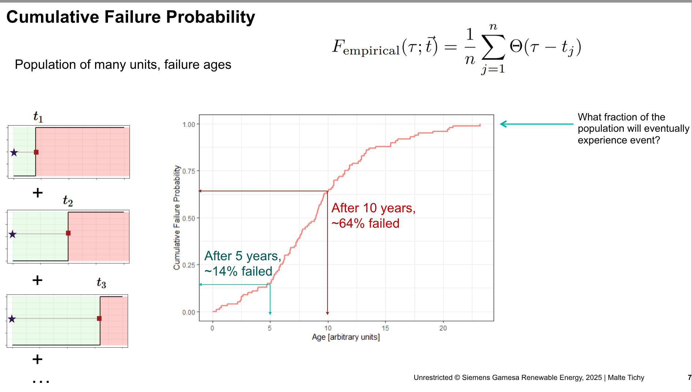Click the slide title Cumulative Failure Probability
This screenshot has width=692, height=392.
(x=131, y=17)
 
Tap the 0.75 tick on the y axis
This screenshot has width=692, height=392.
(x=188, y=171)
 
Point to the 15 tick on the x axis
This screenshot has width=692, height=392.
(x=385, y=328)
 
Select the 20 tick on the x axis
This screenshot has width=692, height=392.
(x=443, y=328)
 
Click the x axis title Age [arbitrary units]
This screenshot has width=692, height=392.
(x=345, y=337)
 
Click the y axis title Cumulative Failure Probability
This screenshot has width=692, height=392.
(x=177, y=218)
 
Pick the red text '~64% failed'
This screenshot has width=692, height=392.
(x=365, y=223)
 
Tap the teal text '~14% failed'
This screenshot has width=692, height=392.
(x=238, y=271)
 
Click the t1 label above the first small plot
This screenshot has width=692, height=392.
(x=38, y=117)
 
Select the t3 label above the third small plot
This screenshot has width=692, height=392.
(x=101, y=283)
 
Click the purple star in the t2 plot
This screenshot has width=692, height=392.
(x=13, y=234)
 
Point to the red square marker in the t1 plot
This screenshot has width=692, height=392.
(x=36, y=152)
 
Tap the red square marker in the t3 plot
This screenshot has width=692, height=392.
(x=99, y=318)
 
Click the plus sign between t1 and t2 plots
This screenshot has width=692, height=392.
(x=38, y=193)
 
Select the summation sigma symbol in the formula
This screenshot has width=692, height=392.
(x=493, y=47)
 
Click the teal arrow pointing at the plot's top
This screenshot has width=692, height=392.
(x=536, y=124)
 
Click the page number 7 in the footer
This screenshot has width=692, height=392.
(x=689, y=377)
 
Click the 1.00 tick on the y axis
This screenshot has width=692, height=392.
(x=188, y=125)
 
